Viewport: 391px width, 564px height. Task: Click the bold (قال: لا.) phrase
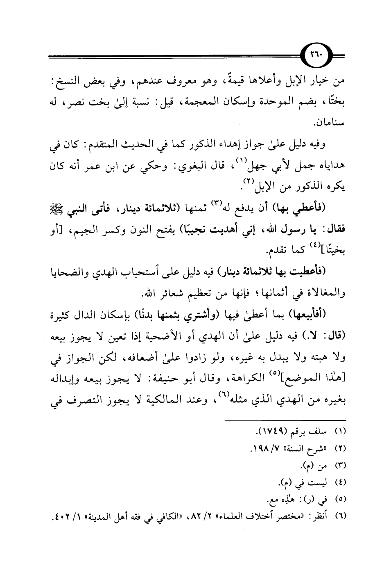pos(328,337)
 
